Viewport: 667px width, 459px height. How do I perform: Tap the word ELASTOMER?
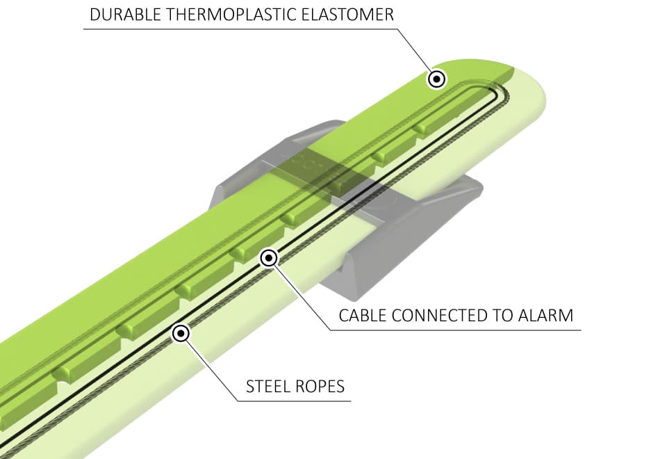[349, 15]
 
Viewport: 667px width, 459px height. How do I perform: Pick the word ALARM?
[547, 315]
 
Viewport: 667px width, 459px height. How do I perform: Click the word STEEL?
[268, 386]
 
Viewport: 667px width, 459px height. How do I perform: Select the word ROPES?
[322, 386]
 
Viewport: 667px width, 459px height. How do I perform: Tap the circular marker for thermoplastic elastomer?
[436, 79]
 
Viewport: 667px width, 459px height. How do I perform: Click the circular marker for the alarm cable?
[269, 259]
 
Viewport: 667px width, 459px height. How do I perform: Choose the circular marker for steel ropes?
[181, 334]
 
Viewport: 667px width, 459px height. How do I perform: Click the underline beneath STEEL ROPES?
[292, 401]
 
